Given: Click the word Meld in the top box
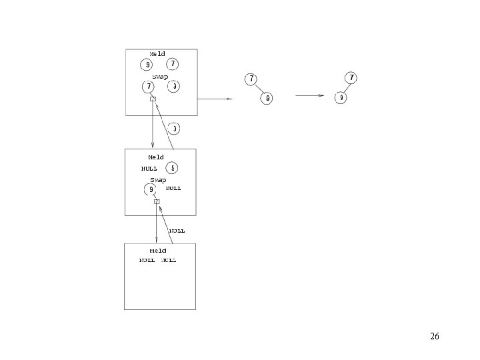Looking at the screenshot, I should click(x=157, y=54).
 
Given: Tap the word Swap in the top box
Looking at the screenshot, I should click(x=160, y=77).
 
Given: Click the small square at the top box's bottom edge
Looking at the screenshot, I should click(x=153, y=99).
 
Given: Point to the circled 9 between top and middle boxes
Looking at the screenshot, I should click(x=173, y=128).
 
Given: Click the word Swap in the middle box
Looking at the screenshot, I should click(x=158, y=180).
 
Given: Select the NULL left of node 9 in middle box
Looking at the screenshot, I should click(x=149, y=169).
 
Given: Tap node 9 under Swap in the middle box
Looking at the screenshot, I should click(x=151, y=190).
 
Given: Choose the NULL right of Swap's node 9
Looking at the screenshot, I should click(x=173, y=189).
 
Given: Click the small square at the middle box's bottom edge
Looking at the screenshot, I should click(x=157, y=201).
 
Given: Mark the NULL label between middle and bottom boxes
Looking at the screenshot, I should click(x=177, y=231).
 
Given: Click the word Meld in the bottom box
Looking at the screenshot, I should click(x=158, y=251).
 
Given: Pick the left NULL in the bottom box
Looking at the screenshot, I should click(x=147, y=261).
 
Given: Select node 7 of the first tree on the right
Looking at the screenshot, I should click(x=251, y=79).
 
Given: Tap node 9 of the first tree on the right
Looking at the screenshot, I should click(x=267, y=98).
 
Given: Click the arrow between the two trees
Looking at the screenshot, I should click(x=309, y=95).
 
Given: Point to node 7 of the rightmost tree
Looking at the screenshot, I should click(x=351, y=78).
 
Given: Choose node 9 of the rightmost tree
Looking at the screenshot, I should click(x=341, y=97).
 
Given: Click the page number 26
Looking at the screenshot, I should click(x=435, y=337).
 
